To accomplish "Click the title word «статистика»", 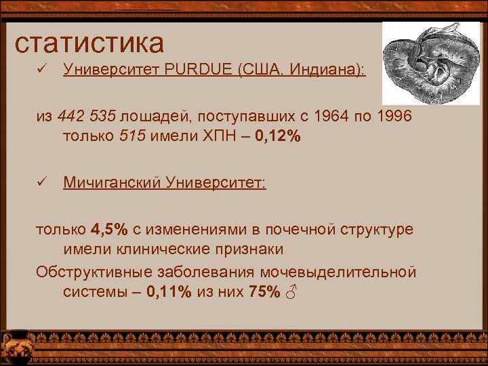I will pos(89,43).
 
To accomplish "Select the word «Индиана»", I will pos(326,70).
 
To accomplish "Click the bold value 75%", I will pos(264,293).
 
